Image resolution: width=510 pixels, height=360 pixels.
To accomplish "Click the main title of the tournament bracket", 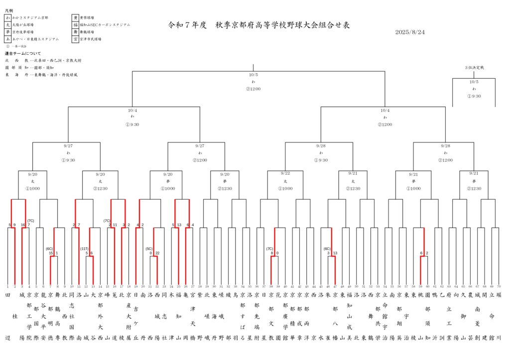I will tap(259, 24).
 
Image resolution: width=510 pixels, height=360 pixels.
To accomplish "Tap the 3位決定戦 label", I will tap(474, 67).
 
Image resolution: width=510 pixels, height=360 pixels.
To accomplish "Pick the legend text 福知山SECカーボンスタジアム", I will tap(105, 24).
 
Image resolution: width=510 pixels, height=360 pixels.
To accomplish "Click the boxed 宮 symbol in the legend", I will tap(75, 39).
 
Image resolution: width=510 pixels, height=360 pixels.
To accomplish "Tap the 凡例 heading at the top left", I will tap(9, 9).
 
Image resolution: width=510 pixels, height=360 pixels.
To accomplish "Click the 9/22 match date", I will tap(285, 173).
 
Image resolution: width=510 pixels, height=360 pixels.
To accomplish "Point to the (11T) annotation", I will tap(84, 248).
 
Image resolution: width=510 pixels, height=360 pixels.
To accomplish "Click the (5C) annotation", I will tap(148, 248).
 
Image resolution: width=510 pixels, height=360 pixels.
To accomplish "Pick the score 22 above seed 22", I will tap(157, 253).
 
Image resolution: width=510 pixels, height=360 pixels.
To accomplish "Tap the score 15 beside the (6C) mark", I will tap(51, 253).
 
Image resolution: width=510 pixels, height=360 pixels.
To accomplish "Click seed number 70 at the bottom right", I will tap(499, 287).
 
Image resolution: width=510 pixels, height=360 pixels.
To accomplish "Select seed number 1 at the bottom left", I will tap(8, 287).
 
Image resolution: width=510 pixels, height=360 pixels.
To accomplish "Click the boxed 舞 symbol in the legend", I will tap(75, 31).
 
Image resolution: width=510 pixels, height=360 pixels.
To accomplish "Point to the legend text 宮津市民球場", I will tap(91, 39).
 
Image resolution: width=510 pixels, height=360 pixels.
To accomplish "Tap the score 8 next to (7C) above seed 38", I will tap(272, 253).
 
